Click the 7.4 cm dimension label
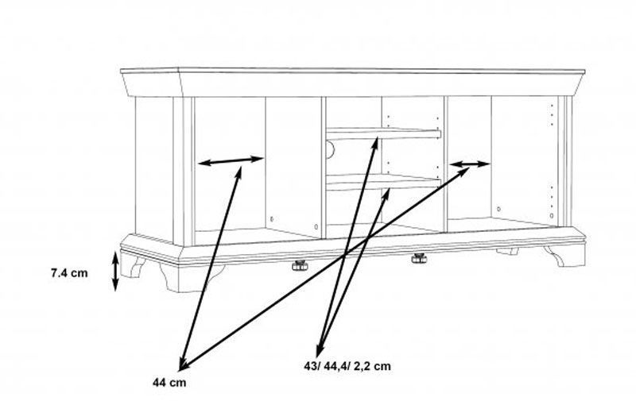coord(69,273)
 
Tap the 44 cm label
coord(169,383)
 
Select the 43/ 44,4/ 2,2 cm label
coord(347,366)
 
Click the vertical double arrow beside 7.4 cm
coord(115,272)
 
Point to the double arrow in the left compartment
coord(231,161)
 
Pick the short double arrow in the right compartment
coord(470,164)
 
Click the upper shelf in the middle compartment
coord(384,133)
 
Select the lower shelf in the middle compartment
coord(384,182)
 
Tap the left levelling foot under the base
coord(300,265)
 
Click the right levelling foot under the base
coord(419,258)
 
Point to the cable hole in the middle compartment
coord(330,149)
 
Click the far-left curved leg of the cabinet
coord(133,265)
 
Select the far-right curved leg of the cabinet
coord(564,255)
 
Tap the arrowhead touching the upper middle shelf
coord(375,142)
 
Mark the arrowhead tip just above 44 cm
coord(180,370)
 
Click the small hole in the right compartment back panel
coord(498,209)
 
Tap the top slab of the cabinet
coord(353,83)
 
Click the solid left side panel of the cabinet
coord(154,170)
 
